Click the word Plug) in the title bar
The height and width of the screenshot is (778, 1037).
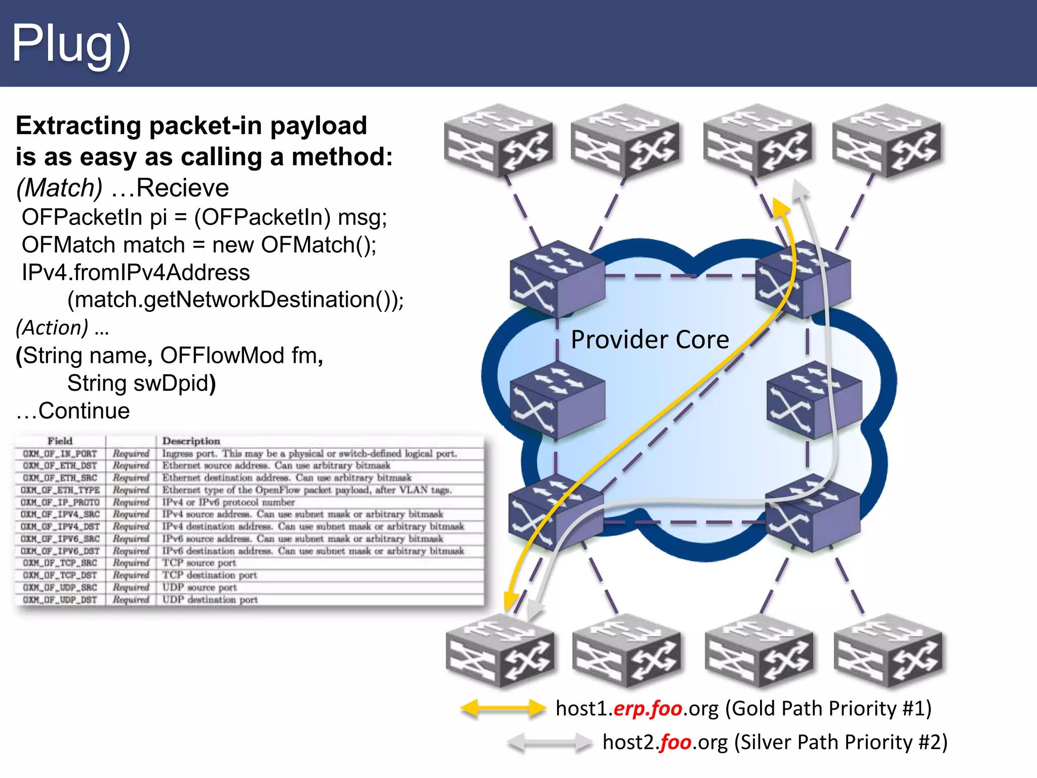71,45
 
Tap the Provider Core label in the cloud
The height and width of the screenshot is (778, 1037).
650,339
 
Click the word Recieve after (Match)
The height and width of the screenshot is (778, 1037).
182,188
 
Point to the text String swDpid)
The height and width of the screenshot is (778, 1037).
141,383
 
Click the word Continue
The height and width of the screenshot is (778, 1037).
84,411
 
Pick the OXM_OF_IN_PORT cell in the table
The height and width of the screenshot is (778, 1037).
60,454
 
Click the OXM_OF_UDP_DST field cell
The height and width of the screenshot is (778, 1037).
60,600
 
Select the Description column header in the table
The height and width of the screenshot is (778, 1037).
191,441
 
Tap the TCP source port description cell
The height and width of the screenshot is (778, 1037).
199,563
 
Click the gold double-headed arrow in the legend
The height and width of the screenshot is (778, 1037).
503,708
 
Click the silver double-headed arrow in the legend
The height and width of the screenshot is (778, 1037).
549,743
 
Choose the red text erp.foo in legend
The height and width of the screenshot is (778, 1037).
648,708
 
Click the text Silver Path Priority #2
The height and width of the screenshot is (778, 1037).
841,743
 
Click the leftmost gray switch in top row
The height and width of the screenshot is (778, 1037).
498,141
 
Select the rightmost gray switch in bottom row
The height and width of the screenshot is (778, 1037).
889,651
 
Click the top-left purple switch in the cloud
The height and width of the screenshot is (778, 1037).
556,278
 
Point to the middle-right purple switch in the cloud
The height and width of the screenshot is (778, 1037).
813,400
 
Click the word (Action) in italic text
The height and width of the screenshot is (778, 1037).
52,328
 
